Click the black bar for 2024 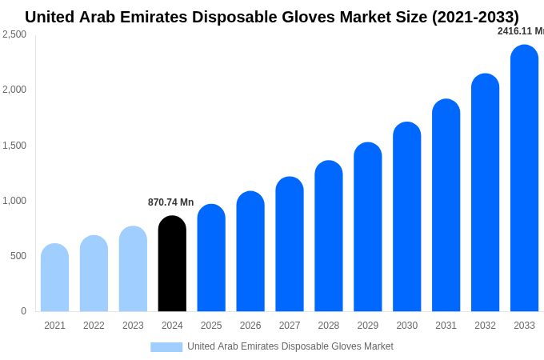click(172, 264)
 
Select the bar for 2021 click(54, 278)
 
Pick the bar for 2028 click(329, 236)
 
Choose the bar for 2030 click(406, 217)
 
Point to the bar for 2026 click(250, 251)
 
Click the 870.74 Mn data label click(170, 202)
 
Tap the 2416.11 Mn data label click(521, 31)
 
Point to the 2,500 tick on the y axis click(14, 34)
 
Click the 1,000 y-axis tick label click(14, 201)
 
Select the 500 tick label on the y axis click(18, 256)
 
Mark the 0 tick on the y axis click(23, 311)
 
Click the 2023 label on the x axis click(133, 326)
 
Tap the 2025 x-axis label click(211, 326)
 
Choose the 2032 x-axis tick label click(485, 326)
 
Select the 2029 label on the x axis click(368, 326)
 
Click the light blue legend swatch click(166, 347)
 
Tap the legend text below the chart click(290, 346)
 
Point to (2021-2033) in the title click(475, 17)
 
